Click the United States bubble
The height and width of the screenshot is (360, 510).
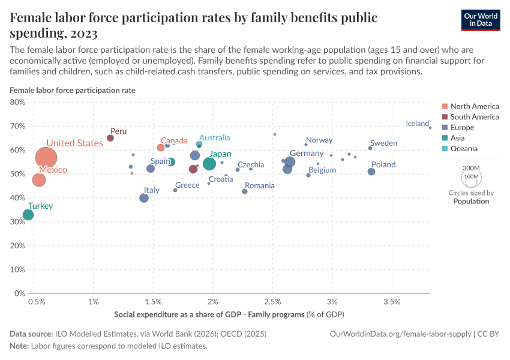(x=46, y=158)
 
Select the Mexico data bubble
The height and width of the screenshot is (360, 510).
(x=39, y=180)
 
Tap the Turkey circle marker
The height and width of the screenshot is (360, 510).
(x=28, y=215)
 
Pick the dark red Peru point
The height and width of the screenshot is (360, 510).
(x=110, y=138)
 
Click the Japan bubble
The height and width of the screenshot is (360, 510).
(x=209, y=164)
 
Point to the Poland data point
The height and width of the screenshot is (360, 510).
(x=371, y=172)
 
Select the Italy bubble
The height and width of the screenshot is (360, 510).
(x=144, y=198)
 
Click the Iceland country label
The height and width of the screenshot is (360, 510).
(x=417, y=124)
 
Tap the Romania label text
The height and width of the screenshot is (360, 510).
(x=260, y=185)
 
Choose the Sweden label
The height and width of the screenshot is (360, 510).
(x=383, y=143)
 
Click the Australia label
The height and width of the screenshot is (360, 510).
(x=214, y=137)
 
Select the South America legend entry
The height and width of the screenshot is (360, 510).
(x=474, y=117)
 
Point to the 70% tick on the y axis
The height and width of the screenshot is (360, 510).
(x=17, y=126)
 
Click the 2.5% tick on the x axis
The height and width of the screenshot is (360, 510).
(x=272, y=300)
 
